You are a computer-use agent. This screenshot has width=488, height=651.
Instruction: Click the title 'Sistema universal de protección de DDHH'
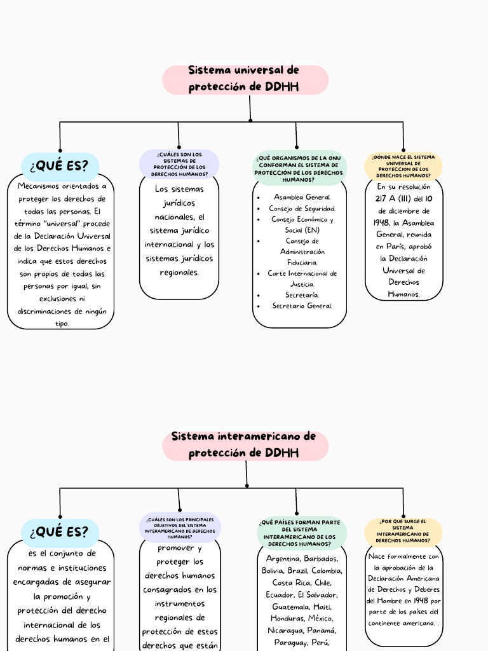coord(244,79)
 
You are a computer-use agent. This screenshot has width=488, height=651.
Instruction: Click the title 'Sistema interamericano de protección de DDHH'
coord(244,445)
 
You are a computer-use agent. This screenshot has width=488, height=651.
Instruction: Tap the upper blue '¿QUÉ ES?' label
coord(60,166)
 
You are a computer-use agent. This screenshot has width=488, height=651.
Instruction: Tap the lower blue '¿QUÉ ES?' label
coord(60,532)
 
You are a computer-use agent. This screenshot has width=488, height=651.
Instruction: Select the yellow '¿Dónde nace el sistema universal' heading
coord(403,166)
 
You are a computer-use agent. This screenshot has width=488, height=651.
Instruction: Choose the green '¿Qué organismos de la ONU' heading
coord(299,168)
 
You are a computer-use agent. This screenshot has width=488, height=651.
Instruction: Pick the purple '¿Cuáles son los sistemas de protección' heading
coord(179,164)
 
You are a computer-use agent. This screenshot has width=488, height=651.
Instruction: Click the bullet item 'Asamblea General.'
coord(302,197)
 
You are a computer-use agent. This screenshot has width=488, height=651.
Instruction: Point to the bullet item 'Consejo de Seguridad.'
coord(302,209)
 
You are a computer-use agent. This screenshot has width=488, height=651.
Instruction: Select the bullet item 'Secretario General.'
coord(302,306)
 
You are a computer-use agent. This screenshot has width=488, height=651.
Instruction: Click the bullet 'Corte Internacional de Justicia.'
coord(302,278)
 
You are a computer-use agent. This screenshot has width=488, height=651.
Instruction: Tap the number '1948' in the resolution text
coord(383,223)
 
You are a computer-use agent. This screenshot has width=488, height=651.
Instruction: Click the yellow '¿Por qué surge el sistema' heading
coord(403,532)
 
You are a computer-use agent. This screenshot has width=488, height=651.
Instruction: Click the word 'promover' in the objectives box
coord(179,548)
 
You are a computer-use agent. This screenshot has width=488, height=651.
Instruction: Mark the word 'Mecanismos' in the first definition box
coord(39,186)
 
